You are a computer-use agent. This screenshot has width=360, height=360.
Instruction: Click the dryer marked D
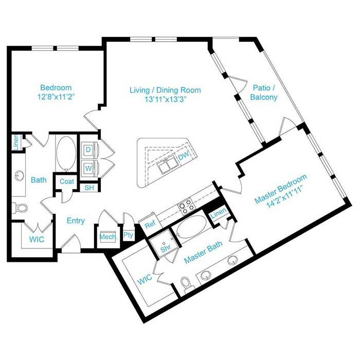[88, 150]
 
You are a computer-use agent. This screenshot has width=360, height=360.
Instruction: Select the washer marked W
[88, 169]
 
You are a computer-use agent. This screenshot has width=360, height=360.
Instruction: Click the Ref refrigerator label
[150, 224]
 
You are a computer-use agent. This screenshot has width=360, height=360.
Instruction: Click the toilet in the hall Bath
[20, 208]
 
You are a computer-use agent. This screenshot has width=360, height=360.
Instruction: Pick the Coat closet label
[67, 182]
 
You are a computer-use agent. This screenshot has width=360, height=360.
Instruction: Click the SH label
[89, 188]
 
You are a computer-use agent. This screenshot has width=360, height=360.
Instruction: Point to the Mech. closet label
[109, 237]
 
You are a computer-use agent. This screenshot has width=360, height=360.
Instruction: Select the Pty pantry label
[128, 235]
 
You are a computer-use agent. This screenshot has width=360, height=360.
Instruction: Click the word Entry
[76, 221]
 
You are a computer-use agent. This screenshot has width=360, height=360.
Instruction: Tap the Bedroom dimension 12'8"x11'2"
[56, 97]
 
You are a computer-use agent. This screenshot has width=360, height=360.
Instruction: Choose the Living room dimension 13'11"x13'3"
[165, 99]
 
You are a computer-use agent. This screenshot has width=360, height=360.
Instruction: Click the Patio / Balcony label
[264, 92]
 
